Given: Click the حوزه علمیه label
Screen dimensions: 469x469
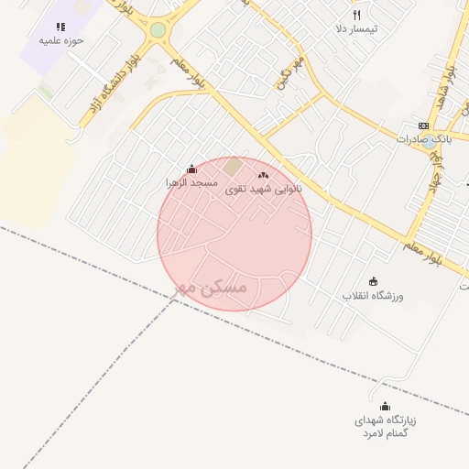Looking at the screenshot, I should [x=60, y=41].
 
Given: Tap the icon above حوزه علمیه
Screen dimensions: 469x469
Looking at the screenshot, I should [x=60, y=27].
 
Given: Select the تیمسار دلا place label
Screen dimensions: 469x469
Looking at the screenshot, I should [x=357, y=29].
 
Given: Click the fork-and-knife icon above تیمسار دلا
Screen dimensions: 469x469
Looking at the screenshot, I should [x=357, y=15].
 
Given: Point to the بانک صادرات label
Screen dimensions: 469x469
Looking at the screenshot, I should [x=422, y=139].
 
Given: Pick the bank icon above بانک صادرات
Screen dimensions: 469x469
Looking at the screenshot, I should [x=422, y=125].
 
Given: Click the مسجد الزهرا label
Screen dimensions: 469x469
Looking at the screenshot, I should [x=191, y=183].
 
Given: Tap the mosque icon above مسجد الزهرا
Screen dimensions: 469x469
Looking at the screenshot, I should [x=191, y=169].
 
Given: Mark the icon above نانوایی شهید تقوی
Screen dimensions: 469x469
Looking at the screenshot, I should [x=264, y=174].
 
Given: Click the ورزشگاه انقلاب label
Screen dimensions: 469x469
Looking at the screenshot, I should [x=373, y=296].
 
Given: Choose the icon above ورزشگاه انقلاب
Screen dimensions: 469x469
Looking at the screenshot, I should [x=373, y=281].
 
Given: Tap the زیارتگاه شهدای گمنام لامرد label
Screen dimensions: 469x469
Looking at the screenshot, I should [x=386, y=426].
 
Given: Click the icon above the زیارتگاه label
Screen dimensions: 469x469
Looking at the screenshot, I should [x=385, y=406].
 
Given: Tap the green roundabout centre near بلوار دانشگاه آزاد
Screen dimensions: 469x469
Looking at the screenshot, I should [x=158, y=30].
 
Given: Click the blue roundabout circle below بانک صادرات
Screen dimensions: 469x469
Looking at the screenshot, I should [x=429, y=142].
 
